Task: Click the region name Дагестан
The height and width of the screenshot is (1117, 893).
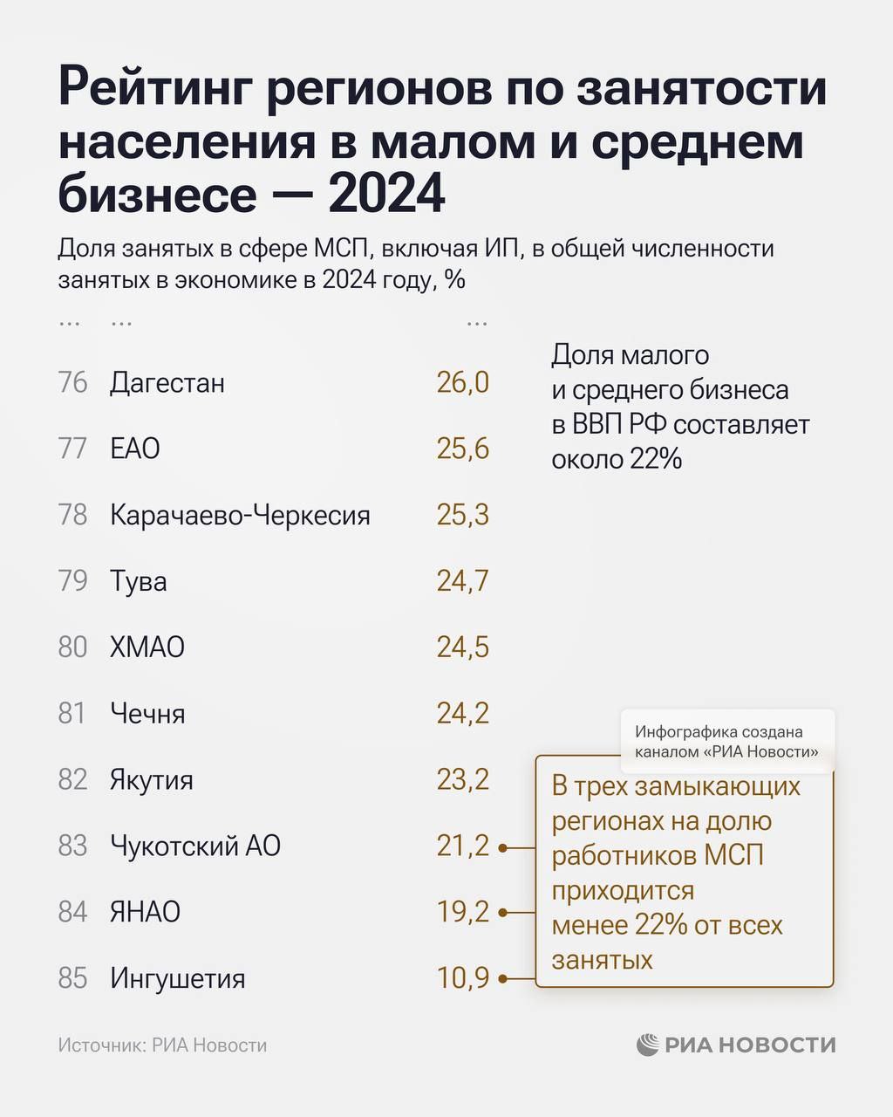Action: click(167, 383)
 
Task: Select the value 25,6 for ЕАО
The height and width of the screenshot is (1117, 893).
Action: click(462, 449)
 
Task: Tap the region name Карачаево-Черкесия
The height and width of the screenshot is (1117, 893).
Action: click(240, 516)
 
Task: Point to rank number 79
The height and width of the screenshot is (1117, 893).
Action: click(73, 581)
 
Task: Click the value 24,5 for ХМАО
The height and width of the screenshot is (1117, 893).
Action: click(462, 648)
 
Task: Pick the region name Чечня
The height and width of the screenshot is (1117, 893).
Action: click(147, 714)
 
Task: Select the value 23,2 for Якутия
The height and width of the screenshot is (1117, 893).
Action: click(462, 779)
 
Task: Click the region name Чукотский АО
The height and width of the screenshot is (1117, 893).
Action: click(195, 846)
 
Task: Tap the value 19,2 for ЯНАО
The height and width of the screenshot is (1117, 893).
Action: click(462, 912)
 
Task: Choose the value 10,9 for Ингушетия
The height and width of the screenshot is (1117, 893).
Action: click(462, 978)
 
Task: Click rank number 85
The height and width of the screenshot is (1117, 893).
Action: click(73, 978)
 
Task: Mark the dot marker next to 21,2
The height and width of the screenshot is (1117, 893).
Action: click(503, 846)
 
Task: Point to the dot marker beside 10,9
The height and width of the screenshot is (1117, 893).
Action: click(503, 979)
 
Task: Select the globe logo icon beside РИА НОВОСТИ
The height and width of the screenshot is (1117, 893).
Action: click(647, 1045)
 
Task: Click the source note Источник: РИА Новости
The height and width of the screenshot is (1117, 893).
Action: click(162, 1045)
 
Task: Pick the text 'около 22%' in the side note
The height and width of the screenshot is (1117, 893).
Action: click(616, 459)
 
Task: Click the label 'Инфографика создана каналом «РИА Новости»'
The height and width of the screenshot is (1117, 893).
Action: click(726, 742)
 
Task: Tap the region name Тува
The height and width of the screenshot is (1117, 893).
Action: click(138, 581)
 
